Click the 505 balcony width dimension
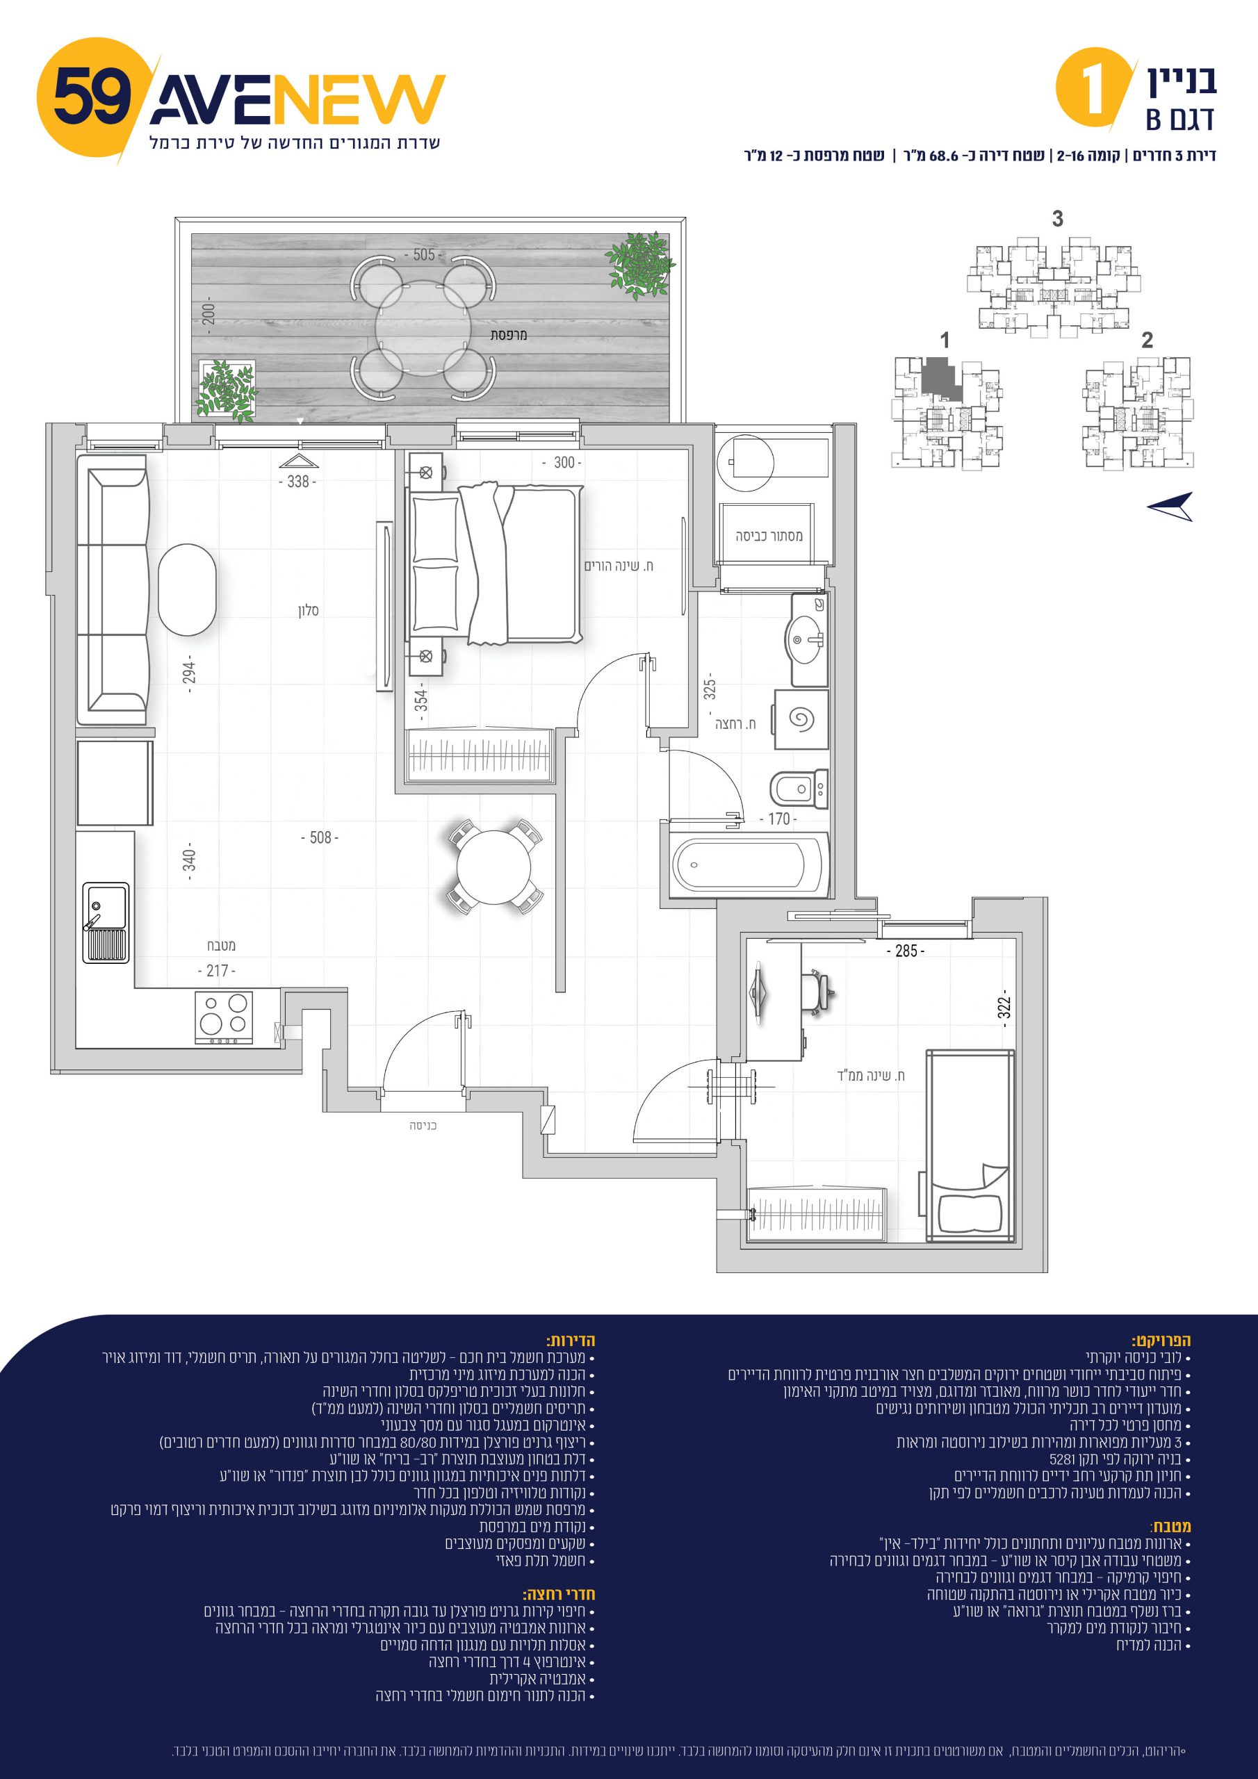click(423, 255)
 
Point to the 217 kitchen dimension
click(216, 970)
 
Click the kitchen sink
click(106, 922)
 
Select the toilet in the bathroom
click(799, 789)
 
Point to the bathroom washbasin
click(806, 640)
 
